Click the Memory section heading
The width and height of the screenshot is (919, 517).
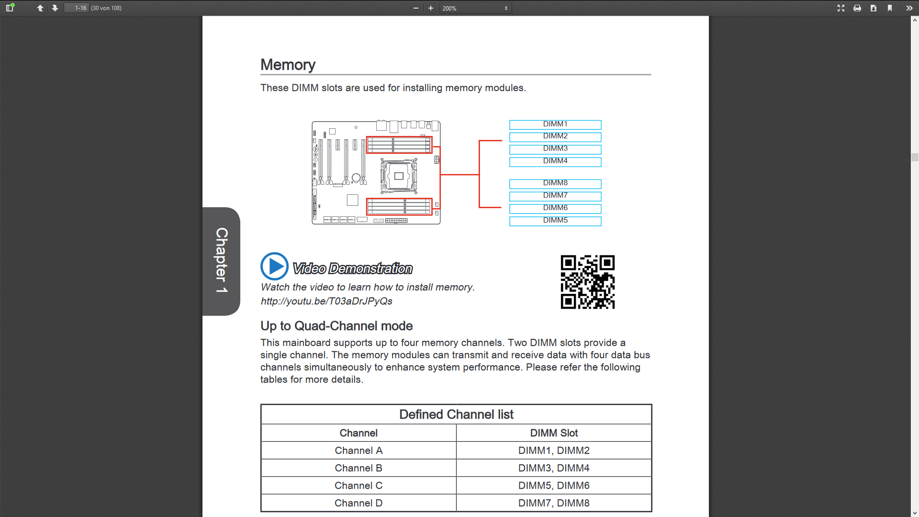(x=288, y=65)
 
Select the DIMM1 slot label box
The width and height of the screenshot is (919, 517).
(x=555, y=124)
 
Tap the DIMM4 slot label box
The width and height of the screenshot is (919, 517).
(x=555, y=161)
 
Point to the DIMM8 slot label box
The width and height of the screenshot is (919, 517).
(x=555, y=183)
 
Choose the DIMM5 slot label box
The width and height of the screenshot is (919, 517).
(x=555, y=221)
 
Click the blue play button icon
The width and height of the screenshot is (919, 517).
(x=274, y=266)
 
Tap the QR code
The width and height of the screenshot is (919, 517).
(x=587, y=282)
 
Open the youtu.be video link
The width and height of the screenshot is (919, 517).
(x=326, y=301)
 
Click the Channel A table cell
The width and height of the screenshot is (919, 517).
(x=359, y=450)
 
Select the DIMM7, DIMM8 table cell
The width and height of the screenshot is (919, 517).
(x=554, y=503)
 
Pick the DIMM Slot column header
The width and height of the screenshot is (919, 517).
(x=554, y=433)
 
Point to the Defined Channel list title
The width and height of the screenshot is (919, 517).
(x=456, y=415)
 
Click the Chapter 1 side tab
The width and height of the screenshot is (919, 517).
(x=221, y=261)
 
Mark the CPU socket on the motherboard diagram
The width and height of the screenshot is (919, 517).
(x=399, y=176)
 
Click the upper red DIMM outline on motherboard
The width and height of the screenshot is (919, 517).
(x=399, y=145)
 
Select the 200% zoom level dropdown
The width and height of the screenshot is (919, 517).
(x=475, y=8)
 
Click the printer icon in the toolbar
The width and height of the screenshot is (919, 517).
(x=857, y=8)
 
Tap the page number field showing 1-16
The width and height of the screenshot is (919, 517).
(x=77, y=8)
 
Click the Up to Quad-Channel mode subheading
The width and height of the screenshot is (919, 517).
(x=336, y=326)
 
